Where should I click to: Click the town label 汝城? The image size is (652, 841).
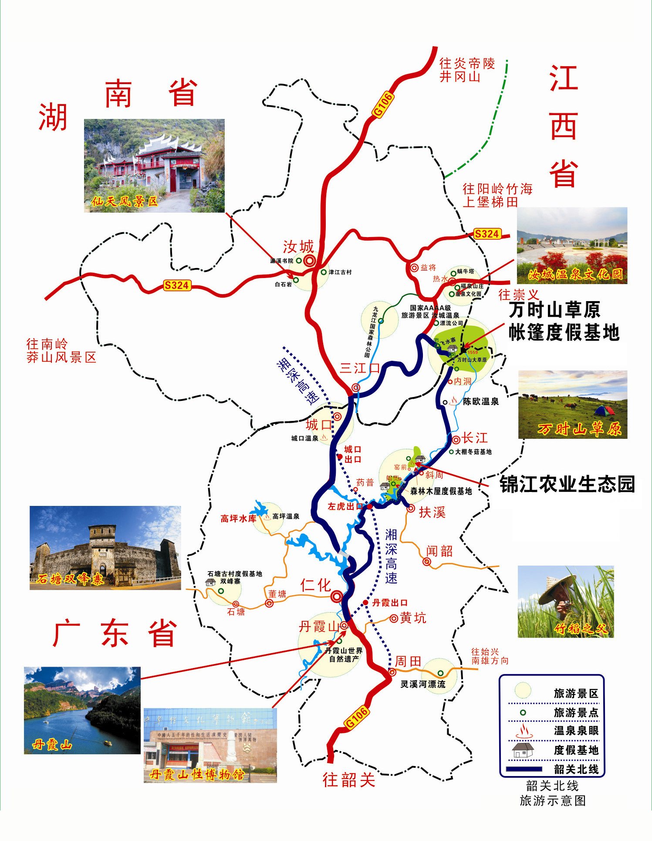pyautogui.click(x=298, y=247)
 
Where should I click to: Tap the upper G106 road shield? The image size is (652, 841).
pyautogui.click(x=383, y=105)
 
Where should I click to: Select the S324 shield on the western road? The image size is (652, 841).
pyautogui.click(x=176, y=285)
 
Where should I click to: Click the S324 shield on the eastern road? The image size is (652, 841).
pyautogui.click(x=486, y=234)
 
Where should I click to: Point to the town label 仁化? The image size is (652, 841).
pyautogui.click(x=315, y=585)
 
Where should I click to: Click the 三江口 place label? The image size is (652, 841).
pyautogui.click(x=360, y=368)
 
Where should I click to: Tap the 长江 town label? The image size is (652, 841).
pyautogui.click(x=475, y=437)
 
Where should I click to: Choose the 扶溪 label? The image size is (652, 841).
pyautogui.click(x=432, y=512)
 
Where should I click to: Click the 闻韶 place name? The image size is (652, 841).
pyautogui.click(x=439, y=551)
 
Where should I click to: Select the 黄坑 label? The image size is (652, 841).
pyautogui.click(x=413, y=618)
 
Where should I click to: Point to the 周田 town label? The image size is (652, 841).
pyautogui.click(x=408, y=661)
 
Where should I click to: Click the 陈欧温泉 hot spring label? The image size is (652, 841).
pyautogui.click(x=481, y=401)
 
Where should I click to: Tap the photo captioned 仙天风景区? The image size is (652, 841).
pyautogui.click(x=154, y=166)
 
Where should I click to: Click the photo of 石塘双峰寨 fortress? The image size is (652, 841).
pyautogui.click(x=105, y=548)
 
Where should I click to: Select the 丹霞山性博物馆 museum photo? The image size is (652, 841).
pyautogui.click(x=210, y=745)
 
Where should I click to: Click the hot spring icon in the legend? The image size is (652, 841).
pyautogui.click(x=524, y=731)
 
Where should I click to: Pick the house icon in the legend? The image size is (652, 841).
pyautogui.click(x=523, y=750)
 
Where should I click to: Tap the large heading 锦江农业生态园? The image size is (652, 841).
pyautogui.click(x=567, y=484)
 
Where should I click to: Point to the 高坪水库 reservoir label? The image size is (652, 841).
pyautogui.click(x=238, y=519)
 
